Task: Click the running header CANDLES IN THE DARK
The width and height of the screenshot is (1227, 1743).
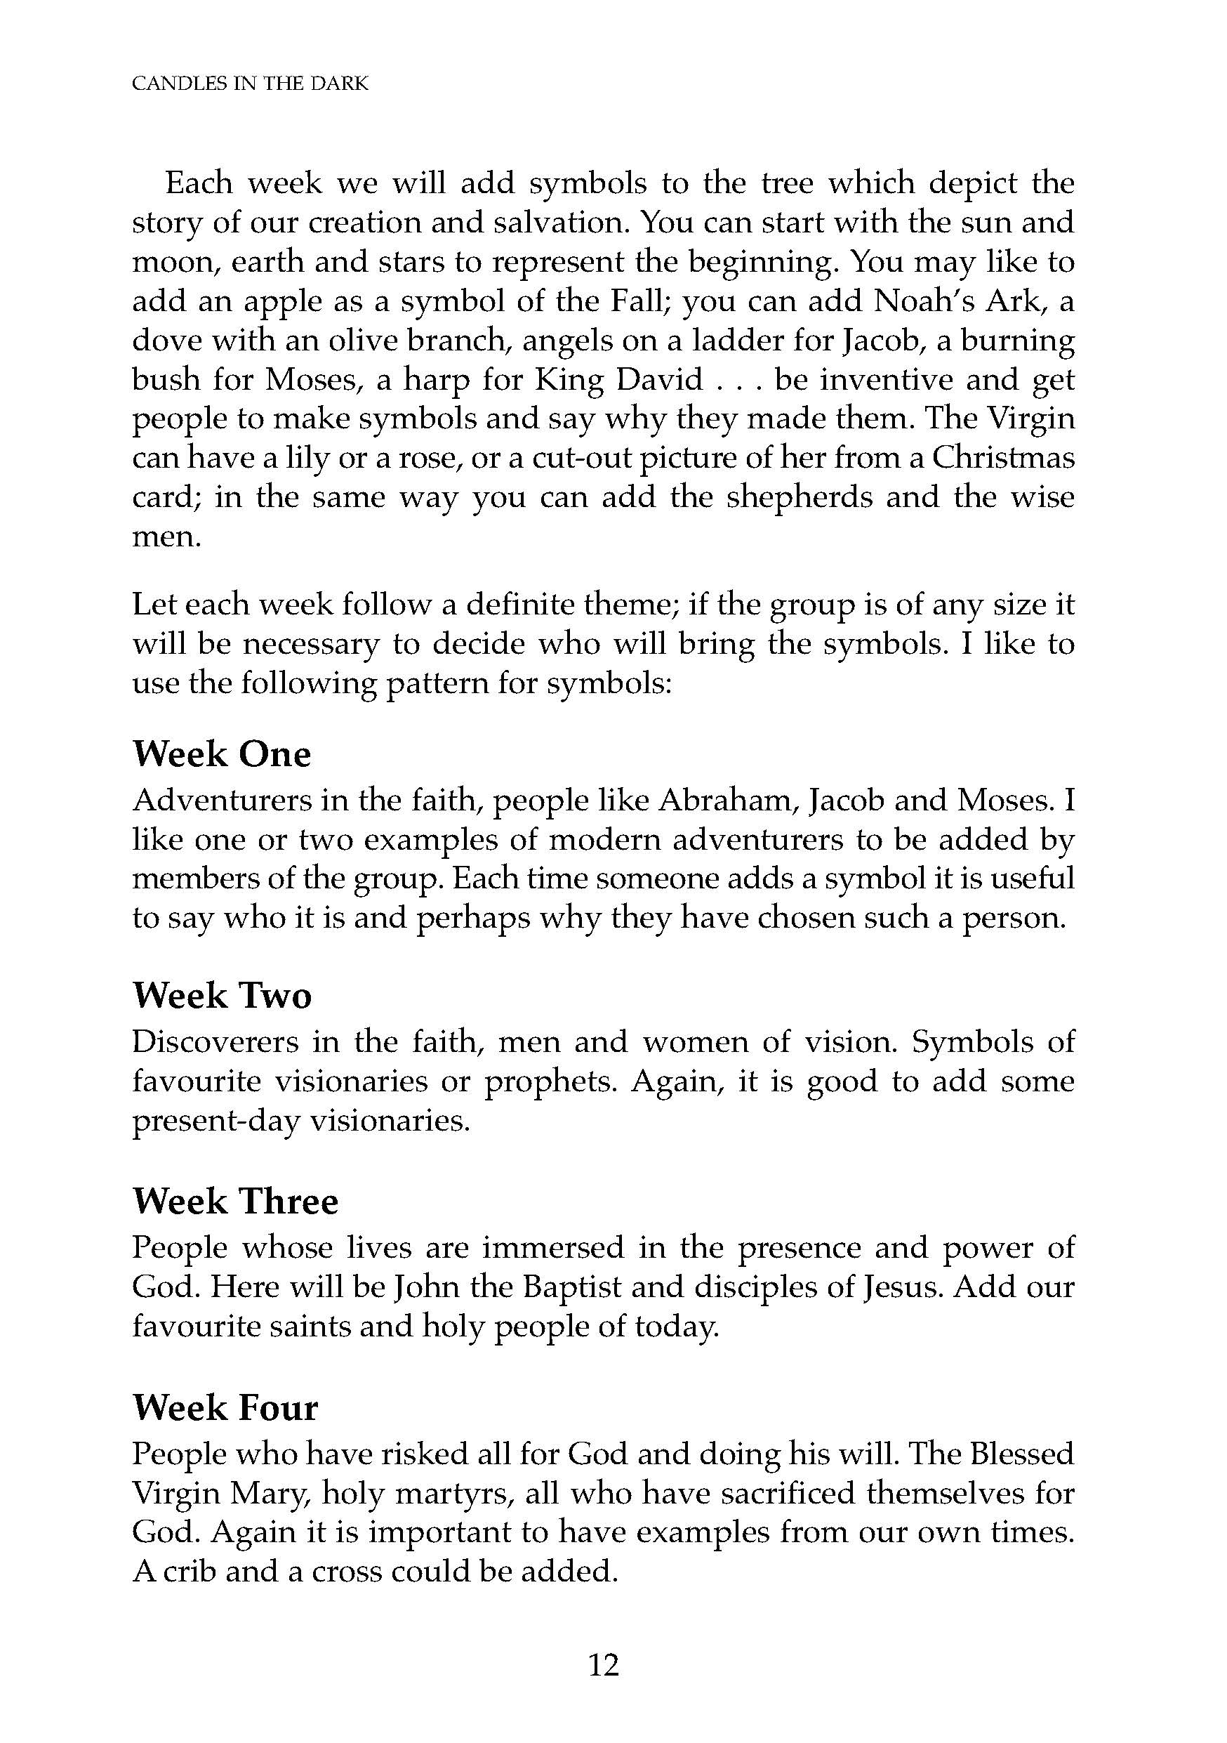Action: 250,84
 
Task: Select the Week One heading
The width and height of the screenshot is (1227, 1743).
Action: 222,754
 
